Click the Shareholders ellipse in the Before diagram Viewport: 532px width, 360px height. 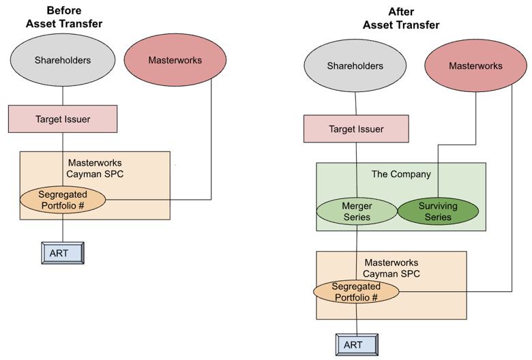63,60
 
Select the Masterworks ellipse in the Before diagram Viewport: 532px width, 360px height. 176,60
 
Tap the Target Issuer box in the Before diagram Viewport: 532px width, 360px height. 63,119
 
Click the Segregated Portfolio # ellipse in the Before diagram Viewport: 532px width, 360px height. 63,199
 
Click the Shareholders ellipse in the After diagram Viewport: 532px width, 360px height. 355,66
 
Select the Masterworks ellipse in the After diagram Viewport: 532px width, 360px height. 475,66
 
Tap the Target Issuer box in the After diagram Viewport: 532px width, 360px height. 356,129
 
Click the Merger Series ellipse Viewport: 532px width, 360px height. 355,211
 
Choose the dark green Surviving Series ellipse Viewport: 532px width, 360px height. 437,211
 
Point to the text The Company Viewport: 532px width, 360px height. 401,174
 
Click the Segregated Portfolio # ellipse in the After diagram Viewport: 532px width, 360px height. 355,292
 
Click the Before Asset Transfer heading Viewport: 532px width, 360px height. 64,17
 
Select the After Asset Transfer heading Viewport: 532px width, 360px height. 400,18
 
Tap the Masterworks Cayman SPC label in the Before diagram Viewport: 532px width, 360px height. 96,168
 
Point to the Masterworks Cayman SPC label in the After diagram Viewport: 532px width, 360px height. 391,268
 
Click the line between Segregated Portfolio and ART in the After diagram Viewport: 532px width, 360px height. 356,320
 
